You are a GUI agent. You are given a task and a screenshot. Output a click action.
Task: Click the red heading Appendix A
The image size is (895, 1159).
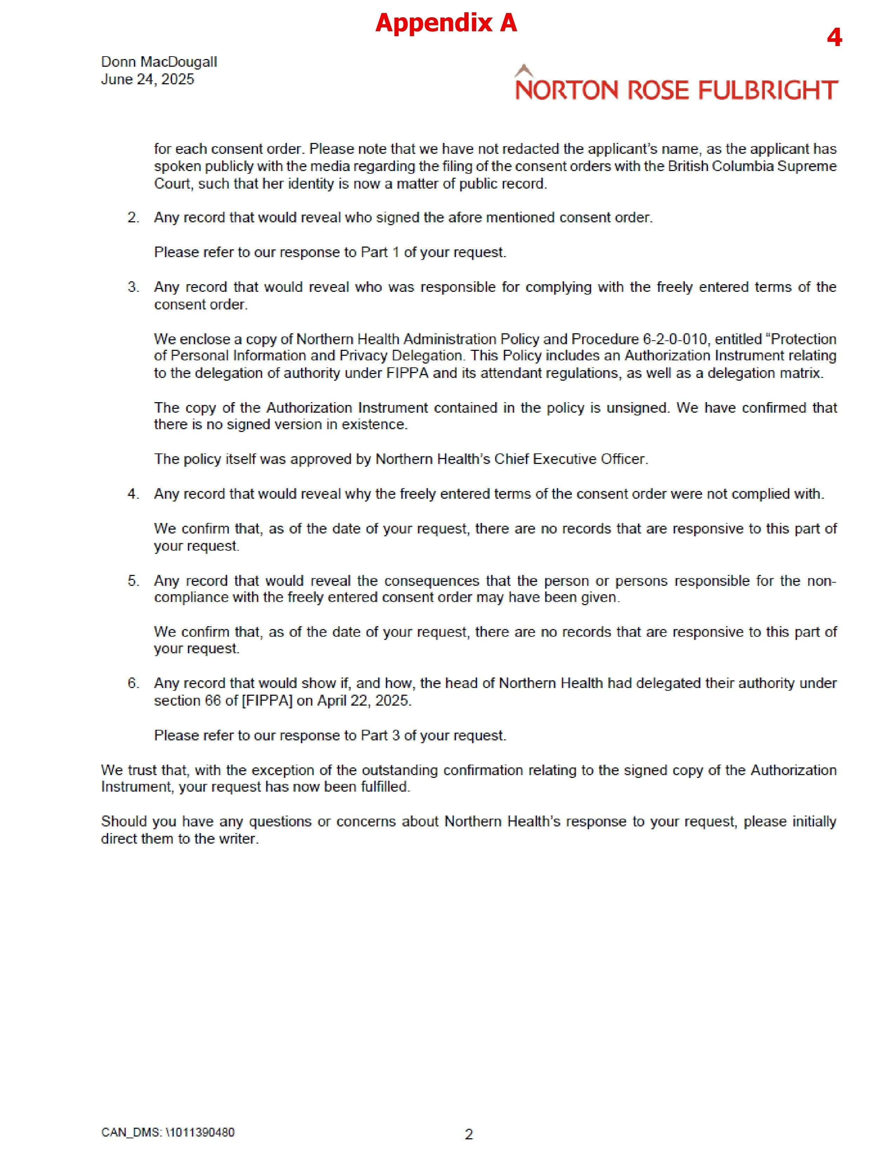coord(446,23)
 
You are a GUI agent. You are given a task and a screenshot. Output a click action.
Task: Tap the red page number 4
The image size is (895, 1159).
coord(834,37)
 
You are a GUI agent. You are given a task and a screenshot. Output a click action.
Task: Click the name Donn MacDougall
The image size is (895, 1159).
coord(159,62)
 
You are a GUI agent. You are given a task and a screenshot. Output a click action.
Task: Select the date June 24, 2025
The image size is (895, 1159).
coord(147,80)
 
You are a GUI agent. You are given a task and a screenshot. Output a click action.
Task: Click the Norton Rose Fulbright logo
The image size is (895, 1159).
coord(676,85)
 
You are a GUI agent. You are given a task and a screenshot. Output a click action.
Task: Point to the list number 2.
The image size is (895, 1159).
coord(133,218)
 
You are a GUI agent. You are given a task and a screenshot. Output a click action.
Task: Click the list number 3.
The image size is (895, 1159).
coord(133,287)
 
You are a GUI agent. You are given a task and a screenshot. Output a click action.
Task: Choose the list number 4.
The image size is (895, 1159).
coord(133,494)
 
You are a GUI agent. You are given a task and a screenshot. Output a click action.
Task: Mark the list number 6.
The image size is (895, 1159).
coord(133,683)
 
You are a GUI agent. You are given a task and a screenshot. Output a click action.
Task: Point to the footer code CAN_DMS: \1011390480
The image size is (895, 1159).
coord(167,1132)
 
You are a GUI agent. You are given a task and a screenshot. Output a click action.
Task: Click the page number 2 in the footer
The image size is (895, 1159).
coord(469,1134)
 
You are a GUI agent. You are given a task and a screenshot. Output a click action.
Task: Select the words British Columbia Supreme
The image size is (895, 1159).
coord(752,166)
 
